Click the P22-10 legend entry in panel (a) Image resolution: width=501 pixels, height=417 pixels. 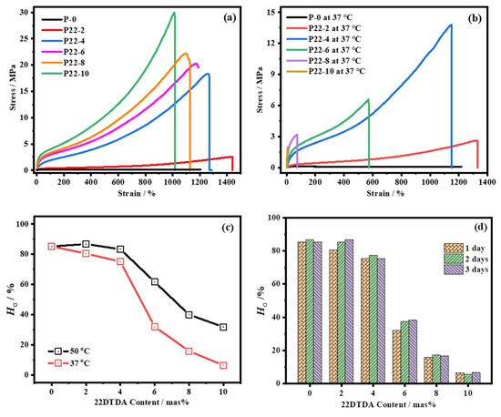pyautogui.click(x=66, y=74)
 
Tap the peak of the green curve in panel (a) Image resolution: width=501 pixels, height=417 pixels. pyautogui.click(x=174, y=13)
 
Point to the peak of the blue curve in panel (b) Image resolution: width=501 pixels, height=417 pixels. pyautogui.click(x=451, y=25)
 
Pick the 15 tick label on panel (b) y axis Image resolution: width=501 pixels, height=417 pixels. pyautogui.click(x=274, y=12)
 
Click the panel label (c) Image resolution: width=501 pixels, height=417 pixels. pyautogui.click(x=228, y=228)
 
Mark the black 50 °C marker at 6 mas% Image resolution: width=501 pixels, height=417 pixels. pyautogui.click(x=155, y=281)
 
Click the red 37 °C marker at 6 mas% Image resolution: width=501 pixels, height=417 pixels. pyautogui.click(x=155, y=327)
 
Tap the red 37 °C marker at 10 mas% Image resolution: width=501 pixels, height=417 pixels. pyautogui.click(x=223, y=365)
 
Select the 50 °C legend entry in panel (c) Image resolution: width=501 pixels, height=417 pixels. pyautogui.click(x=69, y=351)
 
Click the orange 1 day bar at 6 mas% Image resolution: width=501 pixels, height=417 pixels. pyautogui.click(x=396, y=357)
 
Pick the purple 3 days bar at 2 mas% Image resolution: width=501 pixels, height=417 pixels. pyautogui.click(x=349, y=311)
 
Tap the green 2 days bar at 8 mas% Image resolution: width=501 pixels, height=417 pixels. pyautogui.click(x=436, y=369)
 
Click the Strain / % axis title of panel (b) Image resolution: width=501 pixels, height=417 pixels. pyautogui.click(x=385, y=193)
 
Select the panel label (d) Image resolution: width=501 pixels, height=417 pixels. pyautogui.click(x=481, y=227)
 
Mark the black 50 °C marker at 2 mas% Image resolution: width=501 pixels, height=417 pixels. pyautogui.click(x=86, y=244)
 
